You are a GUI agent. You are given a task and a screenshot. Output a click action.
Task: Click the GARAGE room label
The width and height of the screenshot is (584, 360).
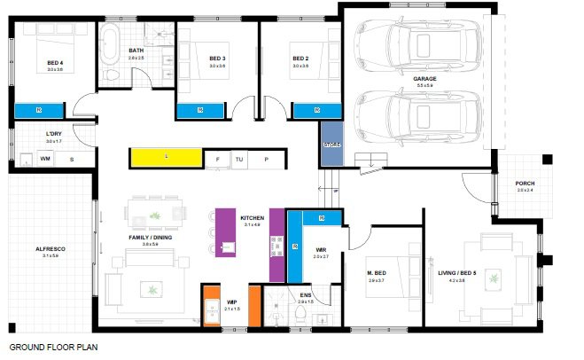[424, 78]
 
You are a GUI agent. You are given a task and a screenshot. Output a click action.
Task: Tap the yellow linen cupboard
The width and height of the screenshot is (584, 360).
[167, 157]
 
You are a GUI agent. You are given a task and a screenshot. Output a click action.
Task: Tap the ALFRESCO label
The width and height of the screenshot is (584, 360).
[50, 249]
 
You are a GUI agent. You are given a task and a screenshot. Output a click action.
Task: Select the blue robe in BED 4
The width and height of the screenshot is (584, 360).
[39, 110]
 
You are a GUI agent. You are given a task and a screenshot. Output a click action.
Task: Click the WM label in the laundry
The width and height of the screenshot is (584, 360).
[44, 159]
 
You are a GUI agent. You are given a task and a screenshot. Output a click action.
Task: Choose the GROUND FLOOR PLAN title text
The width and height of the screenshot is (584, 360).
[49, 348]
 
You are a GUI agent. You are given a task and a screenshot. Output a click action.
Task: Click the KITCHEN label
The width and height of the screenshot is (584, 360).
[253, 218]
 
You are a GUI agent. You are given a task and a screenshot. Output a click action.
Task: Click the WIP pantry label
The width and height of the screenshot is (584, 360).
[231, 302]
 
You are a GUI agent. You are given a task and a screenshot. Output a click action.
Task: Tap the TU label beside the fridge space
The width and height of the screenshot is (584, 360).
[238, 159]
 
